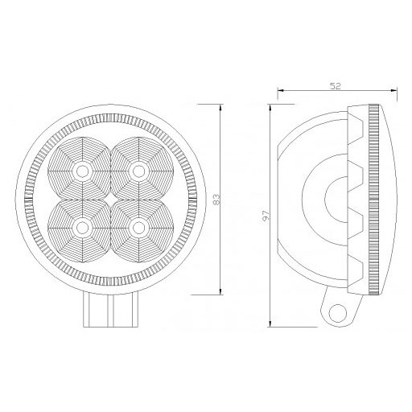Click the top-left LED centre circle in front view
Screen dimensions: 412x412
[81, 171]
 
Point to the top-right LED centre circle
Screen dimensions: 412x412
[139, 171]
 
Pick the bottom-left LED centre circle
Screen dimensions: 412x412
[81, 229]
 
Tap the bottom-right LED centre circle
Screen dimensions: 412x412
[139, 229]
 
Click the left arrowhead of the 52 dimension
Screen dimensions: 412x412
[278, 91]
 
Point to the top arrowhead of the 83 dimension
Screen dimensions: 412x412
[220, 105]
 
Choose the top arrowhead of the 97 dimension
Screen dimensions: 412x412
[270, 105]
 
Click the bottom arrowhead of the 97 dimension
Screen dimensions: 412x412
[270, 327]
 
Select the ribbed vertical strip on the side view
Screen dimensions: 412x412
[373, 199]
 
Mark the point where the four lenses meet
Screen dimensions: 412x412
[110, 200]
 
